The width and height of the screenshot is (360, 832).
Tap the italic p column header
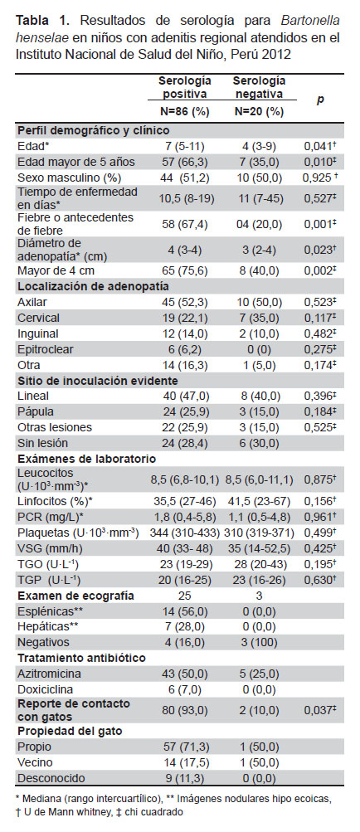(x=320, y=100)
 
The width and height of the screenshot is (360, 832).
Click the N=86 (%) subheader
(x=184, y=112)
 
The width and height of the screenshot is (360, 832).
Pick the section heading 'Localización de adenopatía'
(x=94, y=286)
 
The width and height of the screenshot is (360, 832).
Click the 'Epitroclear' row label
(x=46, y=350)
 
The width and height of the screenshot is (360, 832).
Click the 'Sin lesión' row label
(x=41, y=443)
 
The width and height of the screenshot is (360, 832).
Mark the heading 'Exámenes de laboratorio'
(x=86, y=458)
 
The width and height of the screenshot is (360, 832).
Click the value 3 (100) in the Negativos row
(x=258, y=641)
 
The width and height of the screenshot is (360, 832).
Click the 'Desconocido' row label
(x=48, y=778)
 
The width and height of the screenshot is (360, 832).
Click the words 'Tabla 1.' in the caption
(x=42, y=22)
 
